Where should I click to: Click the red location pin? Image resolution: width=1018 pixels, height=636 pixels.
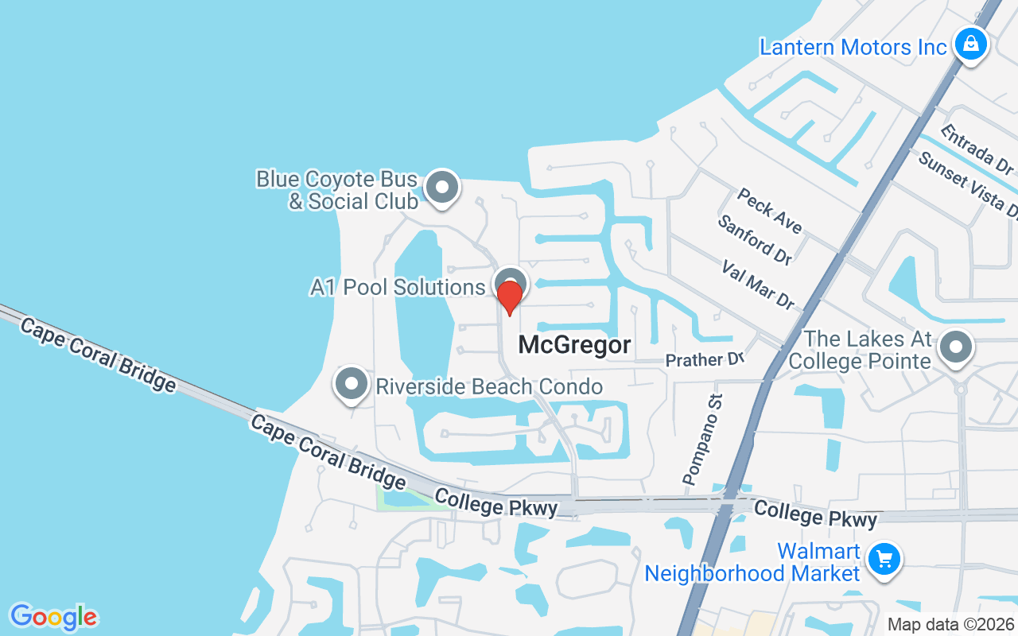509,297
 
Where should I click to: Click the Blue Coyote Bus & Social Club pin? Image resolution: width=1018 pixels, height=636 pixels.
442,188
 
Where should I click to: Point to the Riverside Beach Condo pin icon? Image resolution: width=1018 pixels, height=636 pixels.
351,384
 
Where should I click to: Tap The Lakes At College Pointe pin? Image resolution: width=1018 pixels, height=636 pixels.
956,347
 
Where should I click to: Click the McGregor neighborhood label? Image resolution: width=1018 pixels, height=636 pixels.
574,345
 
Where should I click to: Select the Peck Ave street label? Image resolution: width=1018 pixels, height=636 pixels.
769,210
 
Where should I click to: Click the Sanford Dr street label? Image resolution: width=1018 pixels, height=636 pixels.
755,239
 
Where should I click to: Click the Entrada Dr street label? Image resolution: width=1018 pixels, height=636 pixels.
977,149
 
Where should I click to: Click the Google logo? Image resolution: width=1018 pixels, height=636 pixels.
53,616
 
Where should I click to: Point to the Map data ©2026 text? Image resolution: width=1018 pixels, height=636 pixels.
950,625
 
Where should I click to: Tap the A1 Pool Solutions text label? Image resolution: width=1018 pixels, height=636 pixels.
397,287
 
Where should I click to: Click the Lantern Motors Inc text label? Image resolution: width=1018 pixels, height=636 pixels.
853,47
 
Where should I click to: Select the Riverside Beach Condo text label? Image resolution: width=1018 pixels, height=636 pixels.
489,387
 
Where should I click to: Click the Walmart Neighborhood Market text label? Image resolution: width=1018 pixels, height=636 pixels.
752,562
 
